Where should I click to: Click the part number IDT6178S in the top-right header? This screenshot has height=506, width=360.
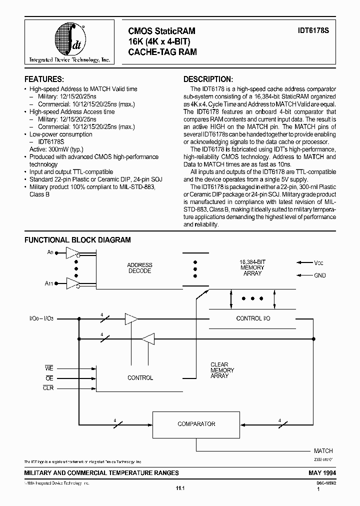[x=319, y=31]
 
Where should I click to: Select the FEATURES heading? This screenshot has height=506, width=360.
[x=44, y=79]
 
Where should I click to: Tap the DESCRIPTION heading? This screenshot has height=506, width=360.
[x=208, y=79]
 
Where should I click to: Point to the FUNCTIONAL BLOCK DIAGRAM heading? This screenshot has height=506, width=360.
[x=77, y=240]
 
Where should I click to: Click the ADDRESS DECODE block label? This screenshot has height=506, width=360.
[x=139, y=268]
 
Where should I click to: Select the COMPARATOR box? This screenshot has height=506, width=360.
[x=196, y=424]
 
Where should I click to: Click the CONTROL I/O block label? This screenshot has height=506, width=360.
[x=253, y=318]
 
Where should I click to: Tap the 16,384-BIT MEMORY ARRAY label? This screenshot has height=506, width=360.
[x=252, y=267]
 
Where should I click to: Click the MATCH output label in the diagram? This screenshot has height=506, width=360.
[x=323, y=450]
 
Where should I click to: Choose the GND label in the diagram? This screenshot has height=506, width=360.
[x=320, y=275]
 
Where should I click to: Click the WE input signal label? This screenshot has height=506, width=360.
[x=48, y=368]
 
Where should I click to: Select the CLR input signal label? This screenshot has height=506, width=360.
[x=48, y=388]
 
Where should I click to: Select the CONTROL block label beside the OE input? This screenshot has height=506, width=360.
[x=140, y=378]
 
